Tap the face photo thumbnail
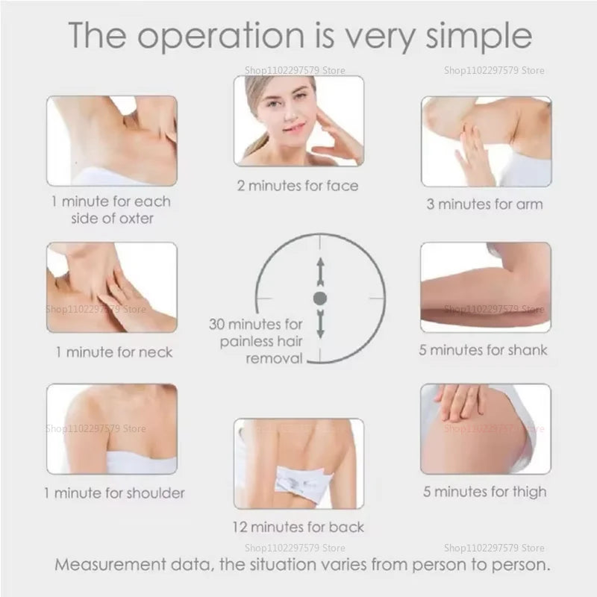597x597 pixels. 298,120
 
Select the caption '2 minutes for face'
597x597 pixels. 298,185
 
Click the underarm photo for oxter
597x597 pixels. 112,140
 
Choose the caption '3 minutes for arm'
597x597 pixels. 484,204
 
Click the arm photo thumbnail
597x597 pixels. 486,141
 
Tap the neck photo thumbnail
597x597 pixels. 112,287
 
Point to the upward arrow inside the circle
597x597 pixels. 320,271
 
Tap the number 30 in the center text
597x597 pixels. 218,325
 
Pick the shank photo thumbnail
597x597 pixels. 486,287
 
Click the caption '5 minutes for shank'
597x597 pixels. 483,350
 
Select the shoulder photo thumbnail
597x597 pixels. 112,429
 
